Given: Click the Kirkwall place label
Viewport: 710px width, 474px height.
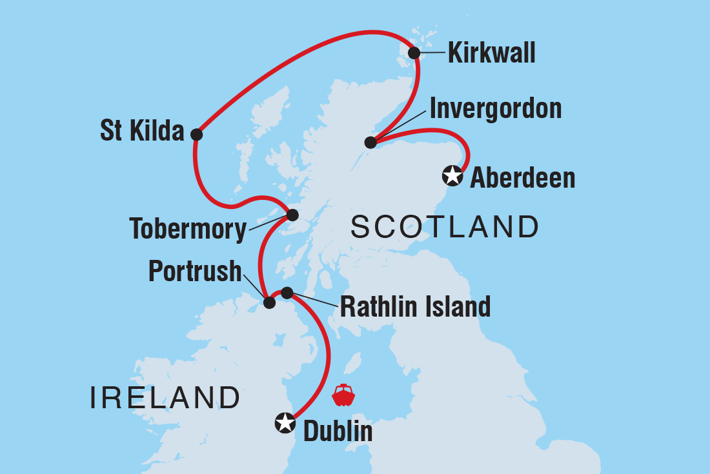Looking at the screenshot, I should [492, 53].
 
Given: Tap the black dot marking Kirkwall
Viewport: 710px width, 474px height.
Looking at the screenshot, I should [414, 53].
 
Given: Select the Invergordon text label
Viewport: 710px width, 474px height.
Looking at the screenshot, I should [495, 108].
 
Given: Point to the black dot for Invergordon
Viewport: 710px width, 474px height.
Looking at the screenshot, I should [370, 143].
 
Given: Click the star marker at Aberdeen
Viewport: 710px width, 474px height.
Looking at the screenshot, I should [452, 175].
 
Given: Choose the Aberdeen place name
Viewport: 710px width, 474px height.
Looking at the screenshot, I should [522, 177].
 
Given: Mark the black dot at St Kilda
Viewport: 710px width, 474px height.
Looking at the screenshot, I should [197, 135].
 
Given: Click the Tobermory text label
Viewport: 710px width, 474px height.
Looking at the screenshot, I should [188, 229].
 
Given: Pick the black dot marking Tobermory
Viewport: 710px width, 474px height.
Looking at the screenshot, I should [292, 215].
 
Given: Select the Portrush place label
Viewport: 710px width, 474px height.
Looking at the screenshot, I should [195, 272].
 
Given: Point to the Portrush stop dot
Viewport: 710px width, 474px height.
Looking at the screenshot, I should [270, 302].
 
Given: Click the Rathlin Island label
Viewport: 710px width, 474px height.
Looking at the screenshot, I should [415, 307].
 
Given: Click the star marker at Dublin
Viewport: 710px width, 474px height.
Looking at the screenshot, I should [285, 423].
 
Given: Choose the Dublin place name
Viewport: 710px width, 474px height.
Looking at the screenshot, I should [338, 431].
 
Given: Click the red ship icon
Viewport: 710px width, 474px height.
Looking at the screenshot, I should [343, 395].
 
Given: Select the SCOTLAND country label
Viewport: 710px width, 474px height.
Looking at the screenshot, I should [444, 227].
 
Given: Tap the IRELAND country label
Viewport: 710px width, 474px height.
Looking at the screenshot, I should [165, 398].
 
